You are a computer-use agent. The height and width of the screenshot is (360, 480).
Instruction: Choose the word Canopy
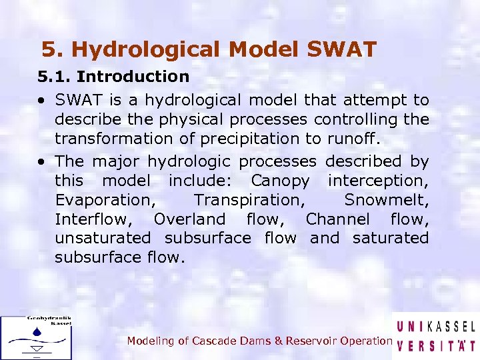coord(280,181)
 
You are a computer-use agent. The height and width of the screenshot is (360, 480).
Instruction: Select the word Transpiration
coord(247,200)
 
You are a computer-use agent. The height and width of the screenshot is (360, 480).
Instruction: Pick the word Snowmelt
coord(387,200)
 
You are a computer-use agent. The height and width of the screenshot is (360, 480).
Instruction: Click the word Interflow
coord(92,219)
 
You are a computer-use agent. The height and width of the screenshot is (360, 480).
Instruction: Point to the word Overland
coord(189,219)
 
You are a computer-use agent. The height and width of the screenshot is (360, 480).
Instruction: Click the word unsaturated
coord(103,238)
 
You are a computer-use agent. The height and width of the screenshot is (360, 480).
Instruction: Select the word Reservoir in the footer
coord(312,341)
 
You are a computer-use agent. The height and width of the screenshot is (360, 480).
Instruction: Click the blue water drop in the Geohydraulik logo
coord(37,331)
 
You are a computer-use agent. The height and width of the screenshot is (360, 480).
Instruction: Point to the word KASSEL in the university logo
coord(450,327)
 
